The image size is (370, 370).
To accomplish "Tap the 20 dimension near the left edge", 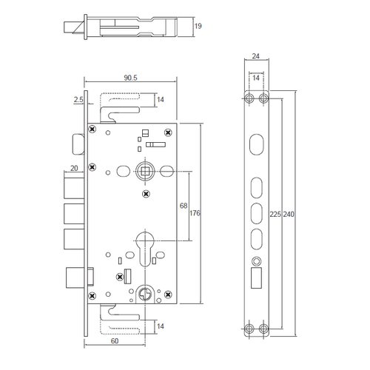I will point(74,168).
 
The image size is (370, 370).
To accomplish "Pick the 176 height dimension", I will point(195,213).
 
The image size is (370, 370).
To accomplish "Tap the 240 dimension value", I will point(289,214).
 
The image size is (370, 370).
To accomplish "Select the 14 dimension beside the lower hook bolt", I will point(161,325).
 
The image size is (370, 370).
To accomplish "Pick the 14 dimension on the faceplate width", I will point(256,78).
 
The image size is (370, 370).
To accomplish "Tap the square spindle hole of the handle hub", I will point(144,172).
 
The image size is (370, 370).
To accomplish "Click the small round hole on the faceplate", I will point(256,260).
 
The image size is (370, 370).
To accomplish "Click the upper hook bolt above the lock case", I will point(122,107).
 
